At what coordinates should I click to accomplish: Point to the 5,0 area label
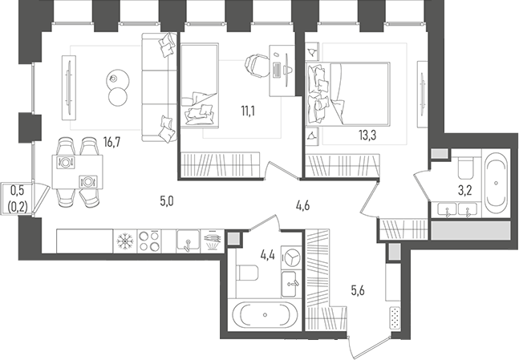167,201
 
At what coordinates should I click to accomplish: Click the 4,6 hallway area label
302,205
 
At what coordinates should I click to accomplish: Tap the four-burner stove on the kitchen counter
149,240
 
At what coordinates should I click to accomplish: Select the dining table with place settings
78,172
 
